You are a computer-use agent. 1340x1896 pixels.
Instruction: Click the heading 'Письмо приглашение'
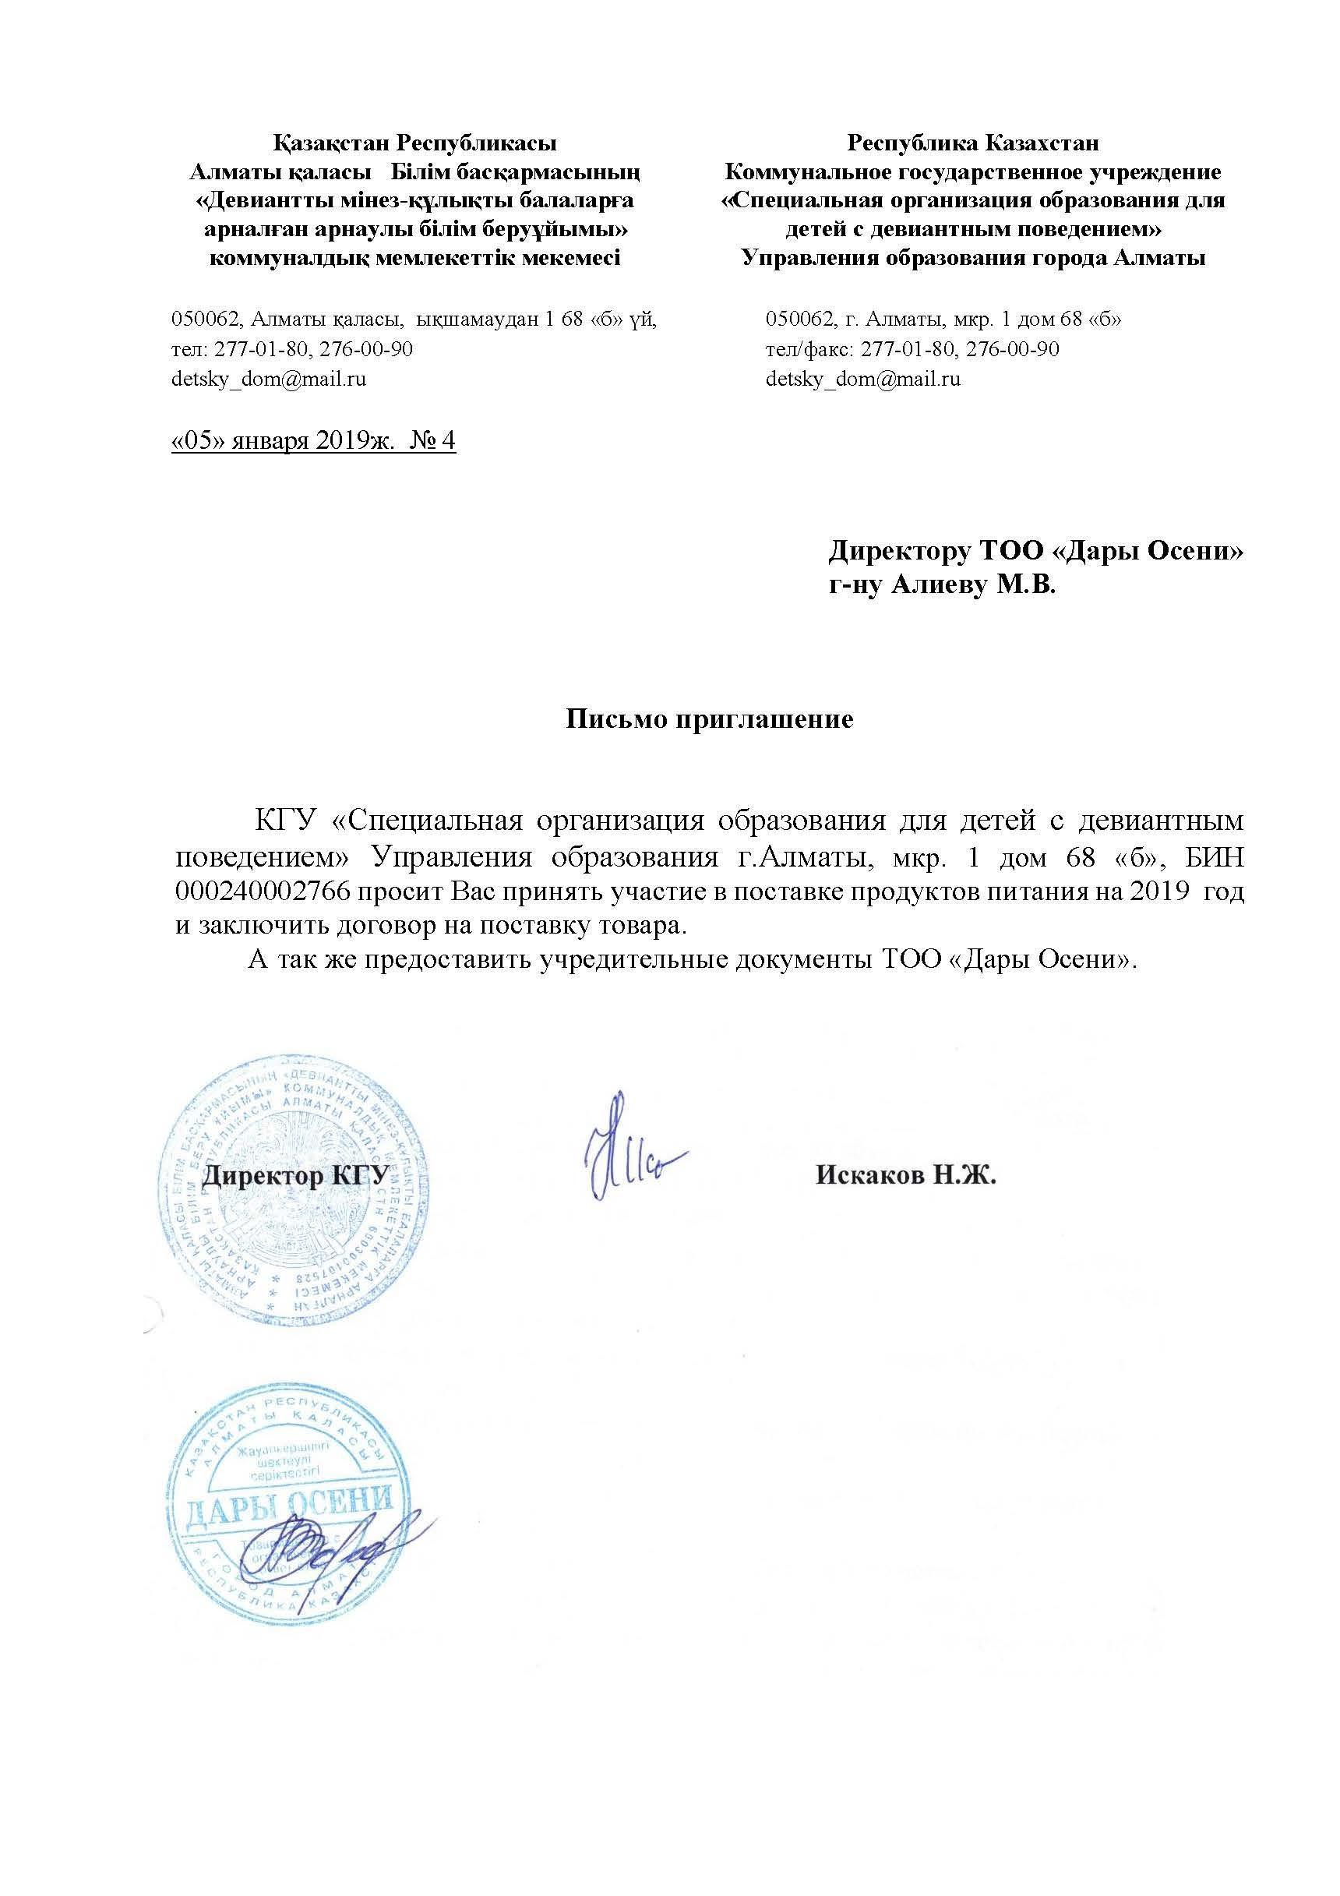pyautogui.click(x=709, y=719)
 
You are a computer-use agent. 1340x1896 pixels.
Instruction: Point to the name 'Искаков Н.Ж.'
pyautogui.click(x=906, y=1175)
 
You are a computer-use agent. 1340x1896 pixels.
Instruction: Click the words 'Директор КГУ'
pyautogui.click(x=295, y=1175)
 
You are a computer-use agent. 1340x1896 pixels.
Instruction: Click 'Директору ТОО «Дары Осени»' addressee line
pyautogui.click(x=1036, y=551)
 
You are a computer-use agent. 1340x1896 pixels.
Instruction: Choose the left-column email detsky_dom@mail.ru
pyautogui.click(x=268, y=380)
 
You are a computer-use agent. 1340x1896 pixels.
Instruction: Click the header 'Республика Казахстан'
pyautogui.click(x=972, y=143)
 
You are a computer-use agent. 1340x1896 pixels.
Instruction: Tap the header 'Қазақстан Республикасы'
pyautogui.click(x=414, y=143)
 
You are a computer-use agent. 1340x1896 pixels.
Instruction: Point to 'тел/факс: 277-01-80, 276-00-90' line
pyautogui.click(x=912, y=349)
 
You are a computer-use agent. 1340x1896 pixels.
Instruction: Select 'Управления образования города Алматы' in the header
pyautogui.click(x=972, y=259)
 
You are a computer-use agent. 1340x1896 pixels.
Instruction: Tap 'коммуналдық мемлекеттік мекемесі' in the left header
pyautogui.click(x=414, y=259)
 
